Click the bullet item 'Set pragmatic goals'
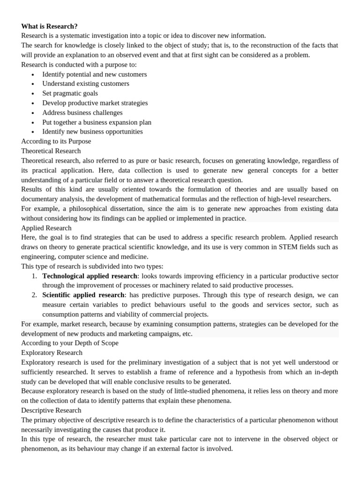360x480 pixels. coord(70,93)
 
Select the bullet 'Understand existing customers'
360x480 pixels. coord(86,83)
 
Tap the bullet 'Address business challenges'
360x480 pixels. coord(82,112)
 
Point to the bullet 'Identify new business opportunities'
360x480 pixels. coord(92,132)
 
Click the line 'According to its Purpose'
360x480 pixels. coord(56,141)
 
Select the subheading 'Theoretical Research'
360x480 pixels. coord(51,151)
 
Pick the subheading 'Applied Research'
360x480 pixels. coord(46,228)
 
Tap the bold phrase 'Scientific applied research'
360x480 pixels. coord(83,295)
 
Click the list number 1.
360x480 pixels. coord(34,276)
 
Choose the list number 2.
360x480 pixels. coord(34,295)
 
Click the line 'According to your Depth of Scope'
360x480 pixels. coord(70,343)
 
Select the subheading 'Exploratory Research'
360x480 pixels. coord(52,352)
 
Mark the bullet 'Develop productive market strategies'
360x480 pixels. coord(95,103)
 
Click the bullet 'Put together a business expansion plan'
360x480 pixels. coord(97,122)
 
